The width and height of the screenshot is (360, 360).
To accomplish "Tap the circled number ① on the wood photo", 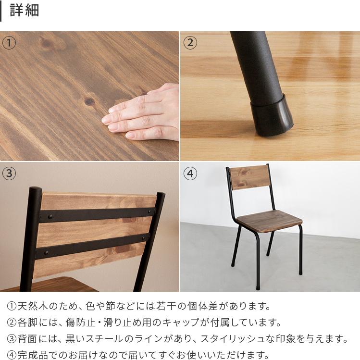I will [9, 42].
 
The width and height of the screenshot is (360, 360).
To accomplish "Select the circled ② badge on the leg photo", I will [190, 42].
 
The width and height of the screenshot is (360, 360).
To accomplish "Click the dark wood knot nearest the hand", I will [89, 101].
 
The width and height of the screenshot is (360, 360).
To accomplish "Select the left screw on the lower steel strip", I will [47, 251].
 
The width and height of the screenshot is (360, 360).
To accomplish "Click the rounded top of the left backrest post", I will [35, 191].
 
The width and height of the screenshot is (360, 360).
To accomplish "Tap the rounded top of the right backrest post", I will [160, 196].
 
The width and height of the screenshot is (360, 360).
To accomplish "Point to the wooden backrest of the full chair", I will [248, 178].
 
